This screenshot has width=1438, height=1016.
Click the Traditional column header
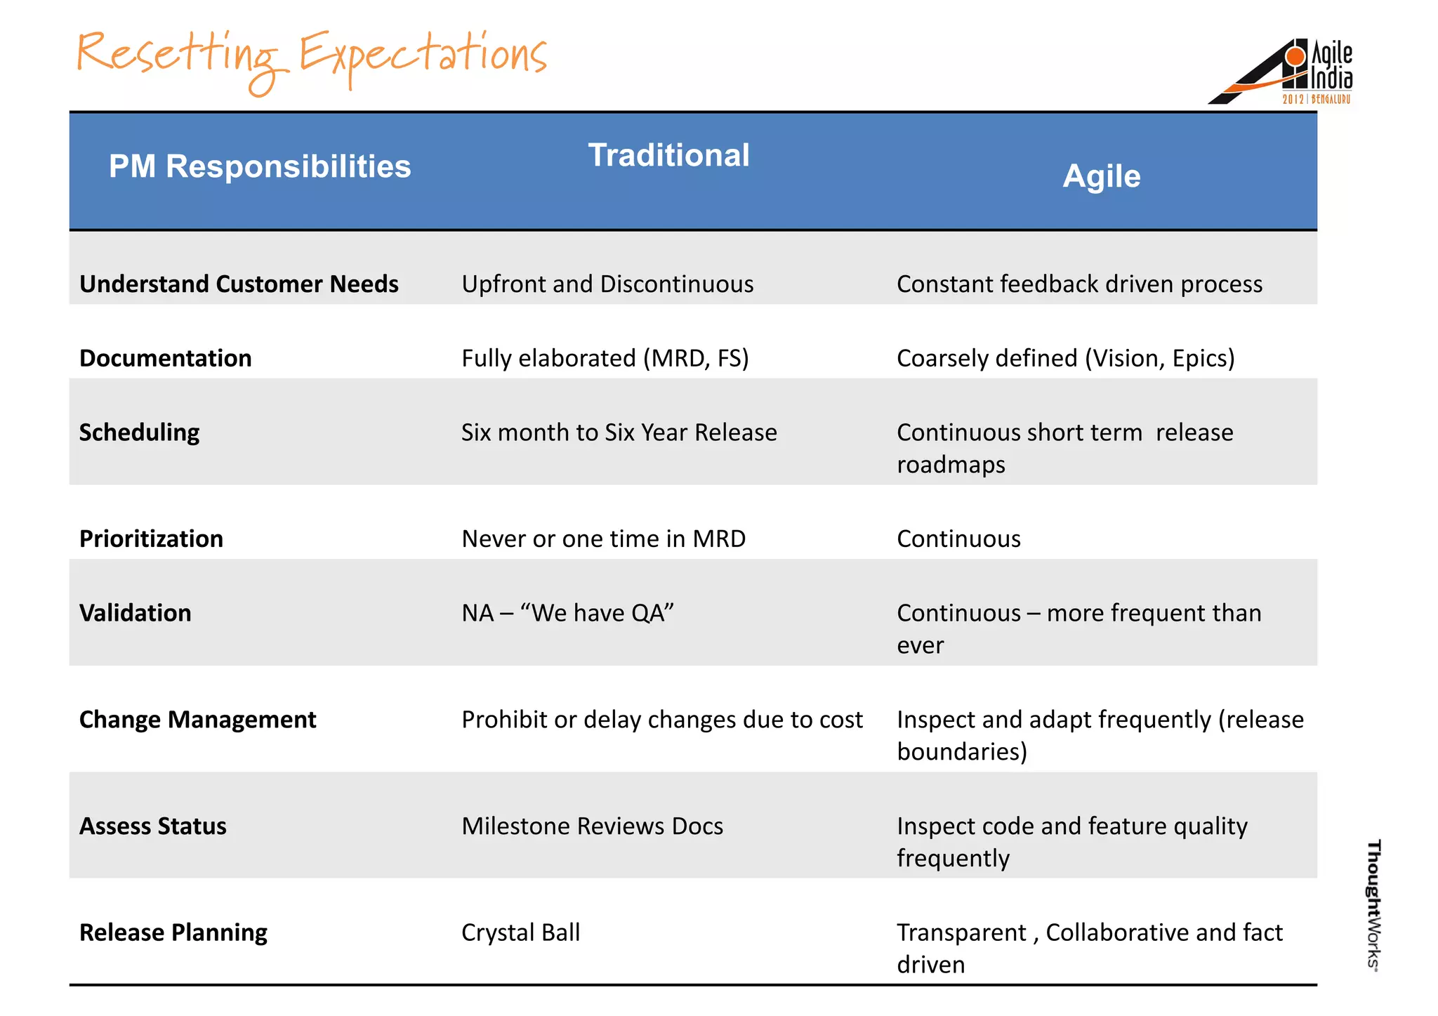tap(668, 155)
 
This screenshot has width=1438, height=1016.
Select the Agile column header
tap(1101, 176)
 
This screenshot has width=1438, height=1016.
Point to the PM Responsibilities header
tap(260, 167)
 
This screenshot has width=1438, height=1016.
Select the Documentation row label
tap(166, 358)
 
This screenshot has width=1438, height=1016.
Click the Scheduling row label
tap(139, 433)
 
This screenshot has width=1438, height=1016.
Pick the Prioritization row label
tap(151, 539)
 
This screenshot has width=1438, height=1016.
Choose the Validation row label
tap(135, 613)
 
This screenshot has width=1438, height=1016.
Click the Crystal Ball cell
tap(520, 932)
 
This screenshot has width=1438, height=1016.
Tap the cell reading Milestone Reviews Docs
tap(592, 826)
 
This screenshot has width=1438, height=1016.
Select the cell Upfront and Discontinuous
tap(607, 284)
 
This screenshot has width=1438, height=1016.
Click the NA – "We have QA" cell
tap(567, 613)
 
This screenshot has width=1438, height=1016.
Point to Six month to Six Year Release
tap(619, 433)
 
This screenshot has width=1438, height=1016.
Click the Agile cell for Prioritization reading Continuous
tap(958, 539)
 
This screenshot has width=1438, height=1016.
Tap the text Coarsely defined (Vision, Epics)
tap(1065, 358)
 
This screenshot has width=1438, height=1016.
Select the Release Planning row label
tap(173, 932)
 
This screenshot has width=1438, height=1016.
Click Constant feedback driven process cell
tap(1079, 284)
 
